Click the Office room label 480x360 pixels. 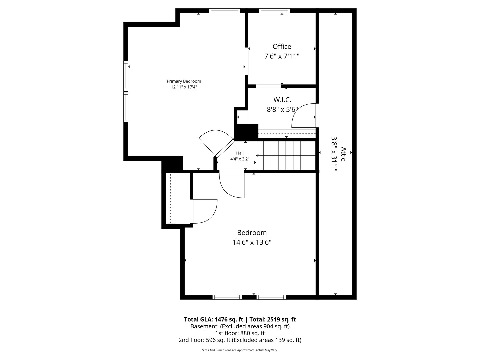coord(282,46)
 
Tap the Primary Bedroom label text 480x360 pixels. coord(184,81)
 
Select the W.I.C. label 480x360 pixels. coord(282,100)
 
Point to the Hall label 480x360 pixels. coord(240,153)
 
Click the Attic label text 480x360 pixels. coord(344,154)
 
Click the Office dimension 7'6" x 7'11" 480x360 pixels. coord(282,56)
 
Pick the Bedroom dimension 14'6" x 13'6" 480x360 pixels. coord(252,242)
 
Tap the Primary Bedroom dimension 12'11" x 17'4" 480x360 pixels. coord(184,87)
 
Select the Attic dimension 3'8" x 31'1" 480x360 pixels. coord(334,154)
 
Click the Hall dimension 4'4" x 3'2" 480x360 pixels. coord(240,159)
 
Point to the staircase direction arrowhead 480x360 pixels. coord(258,156)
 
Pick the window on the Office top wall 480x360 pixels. coord(274,11)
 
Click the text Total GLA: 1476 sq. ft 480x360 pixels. coord(213,319)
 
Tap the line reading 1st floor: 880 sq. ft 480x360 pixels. coord(240,333)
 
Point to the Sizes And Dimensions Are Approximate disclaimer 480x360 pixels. coord(240,350)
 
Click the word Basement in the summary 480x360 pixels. coord(204,326)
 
